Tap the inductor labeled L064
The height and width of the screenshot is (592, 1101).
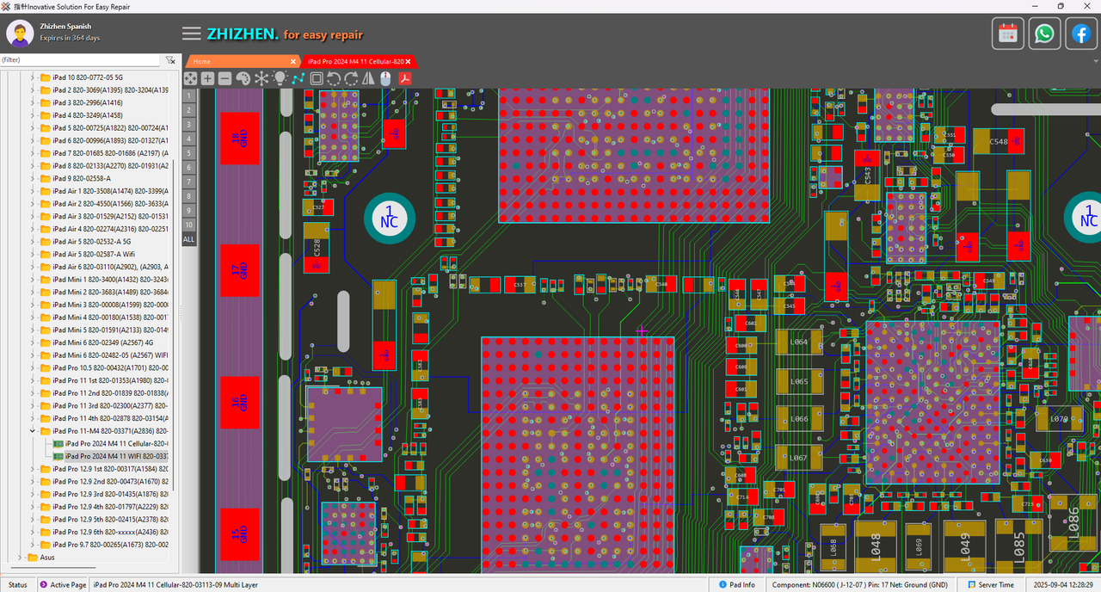[799, 342]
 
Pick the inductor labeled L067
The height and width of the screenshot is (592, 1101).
[799, 458]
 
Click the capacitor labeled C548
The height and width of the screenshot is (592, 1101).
[998, 142]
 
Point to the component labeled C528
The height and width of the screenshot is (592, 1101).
[317, 247]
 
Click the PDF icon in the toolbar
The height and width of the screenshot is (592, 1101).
[403, 78]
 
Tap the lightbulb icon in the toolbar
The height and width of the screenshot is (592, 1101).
[280, 78]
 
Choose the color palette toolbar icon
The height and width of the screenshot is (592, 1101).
[243, 78]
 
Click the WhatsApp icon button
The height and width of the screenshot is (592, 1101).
[1044, 34]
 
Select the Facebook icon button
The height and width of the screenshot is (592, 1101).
[1080, 34]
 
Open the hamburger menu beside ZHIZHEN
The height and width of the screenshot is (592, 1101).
[192, 34]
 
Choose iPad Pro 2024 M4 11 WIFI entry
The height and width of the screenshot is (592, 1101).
[115, 456]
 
